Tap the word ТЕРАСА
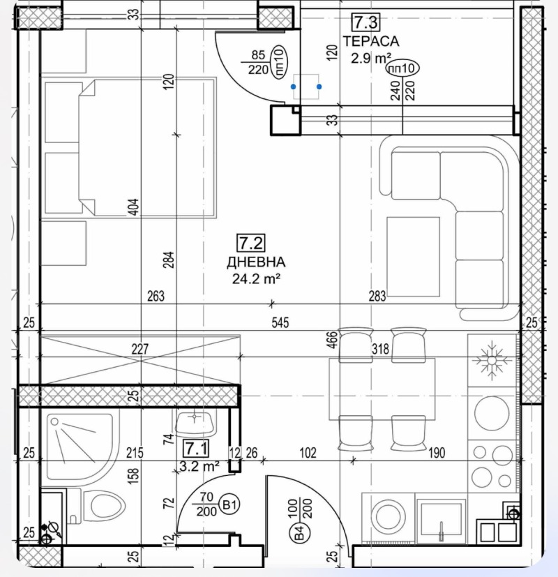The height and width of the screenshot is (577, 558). (x=361, y=42)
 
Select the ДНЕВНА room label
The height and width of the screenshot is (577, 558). (x=256, y=262)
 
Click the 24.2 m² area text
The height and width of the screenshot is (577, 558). (x=256, y=279)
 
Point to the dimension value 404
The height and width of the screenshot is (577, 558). (x=133, y=207)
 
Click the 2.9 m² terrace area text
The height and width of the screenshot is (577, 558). (x=371, y=59)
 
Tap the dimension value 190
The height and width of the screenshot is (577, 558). (x=437, y=454)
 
